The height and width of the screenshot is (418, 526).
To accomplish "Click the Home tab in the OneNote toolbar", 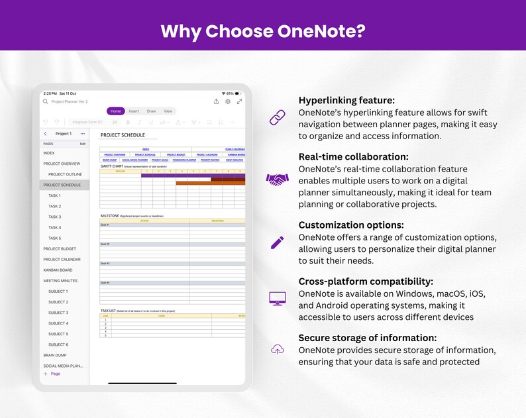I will point(115,111).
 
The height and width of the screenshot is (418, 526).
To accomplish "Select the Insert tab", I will point(134,111).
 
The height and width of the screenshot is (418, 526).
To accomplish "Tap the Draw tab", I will point(151,111).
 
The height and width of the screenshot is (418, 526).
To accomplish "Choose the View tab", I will point(168,111).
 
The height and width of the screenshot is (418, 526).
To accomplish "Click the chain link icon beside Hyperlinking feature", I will point(277,118).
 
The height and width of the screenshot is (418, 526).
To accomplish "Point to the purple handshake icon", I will point(277,179).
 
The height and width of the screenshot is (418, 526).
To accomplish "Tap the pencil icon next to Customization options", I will point(277,242).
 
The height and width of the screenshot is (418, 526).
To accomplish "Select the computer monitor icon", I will point(277,299).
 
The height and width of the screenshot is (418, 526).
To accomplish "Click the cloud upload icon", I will point(277,349).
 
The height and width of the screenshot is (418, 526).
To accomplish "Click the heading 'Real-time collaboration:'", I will point(353,157).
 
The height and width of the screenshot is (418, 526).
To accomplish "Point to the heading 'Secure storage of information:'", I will point(367,338).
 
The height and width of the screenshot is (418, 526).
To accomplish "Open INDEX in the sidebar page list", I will point(49,153).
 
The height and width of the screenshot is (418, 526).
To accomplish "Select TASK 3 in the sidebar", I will point(54,217).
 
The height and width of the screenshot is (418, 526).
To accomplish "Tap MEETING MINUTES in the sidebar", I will point(60,281).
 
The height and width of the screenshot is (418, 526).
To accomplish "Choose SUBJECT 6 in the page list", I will point(58,344).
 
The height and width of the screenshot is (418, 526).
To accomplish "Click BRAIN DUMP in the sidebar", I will point(55,355).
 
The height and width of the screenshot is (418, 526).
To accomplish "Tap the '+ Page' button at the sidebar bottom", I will point(52,374).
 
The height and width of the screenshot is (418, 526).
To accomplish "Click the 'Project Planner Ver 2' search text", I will point(70,101).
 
